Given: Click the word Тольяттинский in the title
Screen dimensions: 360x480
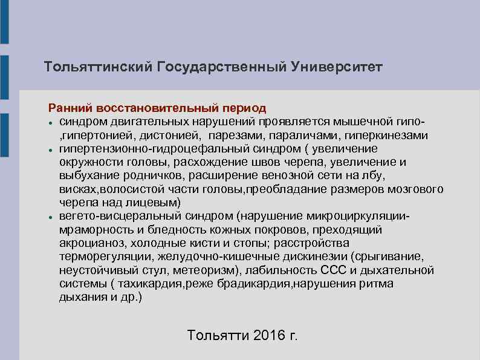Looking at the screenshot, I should [99, 65].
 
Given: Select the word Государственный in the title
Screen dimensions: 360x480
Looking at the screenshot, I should [221, 65].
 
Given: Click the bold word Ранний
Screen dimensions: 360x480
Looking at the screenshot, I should [69, 108].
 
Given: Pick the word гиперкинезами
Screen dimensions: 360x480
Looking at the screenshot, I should [392, 136].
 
